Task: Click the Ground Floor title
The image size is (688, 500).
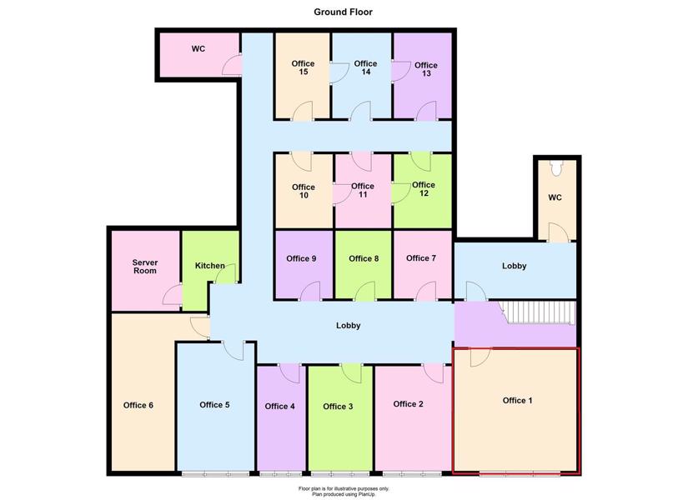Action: [343, 12]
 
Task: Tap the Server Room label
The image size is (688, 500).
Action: [145, 267]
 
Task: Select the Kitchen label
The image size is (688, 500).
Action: [209, 265]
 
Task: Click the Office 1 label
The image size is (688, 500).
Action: [517, 401]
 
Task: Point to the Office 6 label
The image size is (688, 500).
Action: [138, 405]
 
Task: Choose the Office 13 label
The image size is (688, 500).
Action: [425, 69]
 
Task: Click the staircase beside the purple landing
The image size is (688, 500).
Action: [539, 312]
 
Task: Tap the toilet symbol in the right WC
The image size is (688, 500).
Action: [557, 168]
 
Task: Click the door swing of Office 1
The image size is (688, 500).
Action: [480, 357]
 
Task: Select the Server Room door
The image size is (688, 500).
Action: [172, 294]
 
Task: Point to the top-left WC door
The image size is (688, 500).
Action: [232, 65]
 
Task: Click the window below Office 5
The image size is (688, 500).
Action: [215, 474]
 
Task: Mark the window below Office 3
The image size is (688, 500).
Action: [340, 474]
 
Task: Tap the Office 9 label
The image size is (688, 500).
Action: [301, 259]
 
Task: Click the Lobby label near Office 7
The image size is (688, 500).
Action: [515, 266]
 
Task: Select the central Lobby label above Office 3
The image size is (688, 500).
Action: [349, 326]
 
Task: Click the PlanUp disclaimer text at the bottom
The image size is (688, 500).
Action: [344, 491]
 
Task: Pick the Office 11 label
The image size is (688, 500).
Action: [363, 190]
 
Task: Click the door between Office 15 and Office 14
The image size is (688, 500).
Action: [339, 73]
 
